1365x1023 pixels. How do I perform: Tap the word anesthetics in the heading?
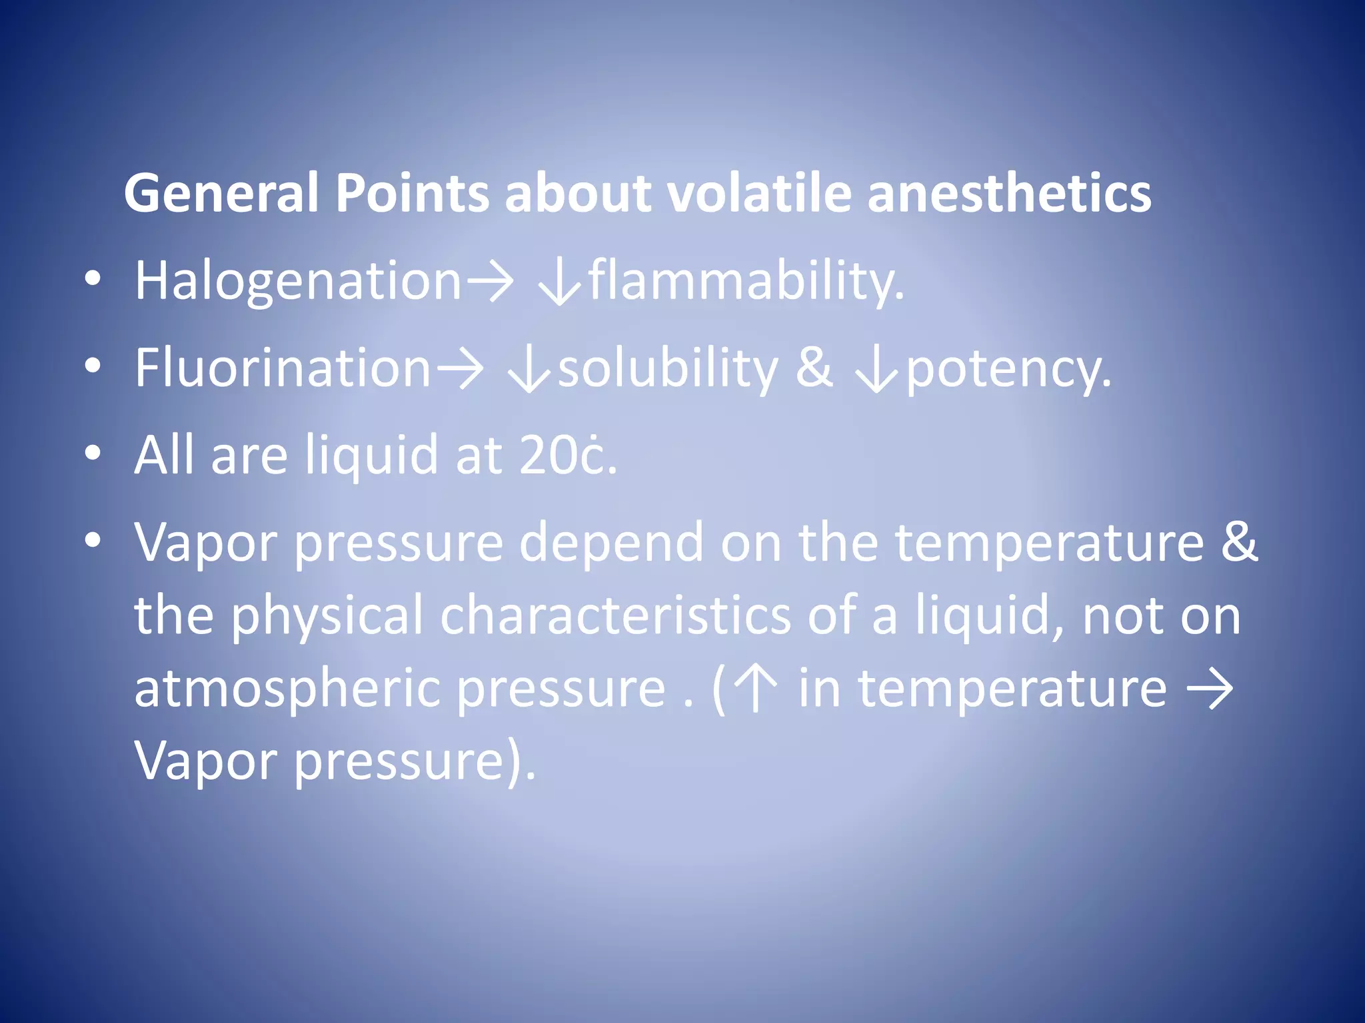(1009, 194)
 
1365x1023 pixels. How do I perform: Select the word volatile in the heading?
(759, 194)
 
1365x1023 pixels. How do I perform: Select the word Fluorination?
(283, 368)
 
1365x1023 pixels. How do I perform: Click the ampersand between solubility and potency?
(814, 368)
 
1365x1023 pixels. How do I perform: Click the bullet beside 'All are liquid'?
(93, 454)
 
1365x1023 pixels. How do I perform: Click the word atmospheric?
(287, 689)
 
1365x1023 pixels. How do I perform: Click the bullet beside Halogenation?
(93, 279)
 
